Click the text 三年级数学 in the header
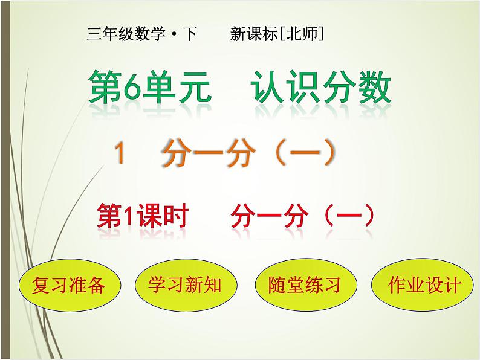125,35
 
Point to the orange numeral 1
121,156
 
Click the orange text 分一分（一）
248,156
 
